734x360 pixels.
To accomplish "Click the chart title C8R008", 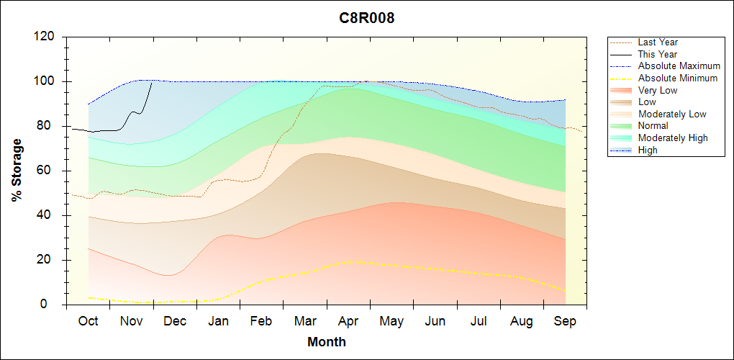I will (367, 18).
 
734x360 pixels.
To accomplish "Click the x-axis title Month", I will (327, 342).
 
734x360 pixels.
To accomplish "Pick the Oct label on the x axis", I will (88, 322).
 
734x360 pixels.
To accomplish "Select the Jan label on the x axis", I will (218, 322).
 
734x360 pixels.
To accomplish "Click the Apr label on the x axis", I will (348, 322).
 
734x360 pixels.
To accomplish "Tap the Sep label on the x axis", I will (565, 322).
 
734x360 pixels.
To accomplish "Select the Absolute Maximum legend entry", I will (679, 66).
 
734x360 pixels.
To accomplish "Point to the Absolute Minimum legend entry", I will (678, 78).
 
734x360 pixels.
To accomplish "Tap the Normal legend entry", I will (653, 126).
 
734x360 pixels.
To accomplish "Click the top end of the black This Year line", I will (152, 82).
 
